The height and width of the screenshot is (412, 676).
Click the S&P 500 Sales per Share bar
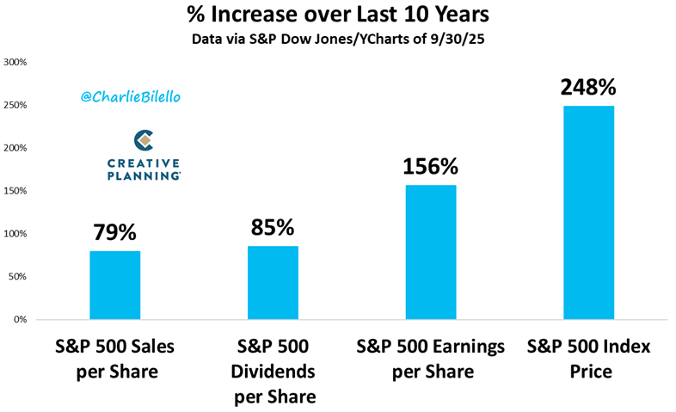pos(114,285)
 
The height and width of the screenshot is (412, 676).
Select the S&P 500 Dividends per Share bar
pos(273,282)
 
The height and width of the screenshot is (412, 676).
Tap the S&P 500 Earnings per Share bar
pos(431,252)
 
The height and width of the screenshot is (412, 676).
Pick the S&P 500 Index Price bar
pos(589,212)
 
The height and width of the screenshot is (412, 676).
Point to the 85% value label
pos(273,228)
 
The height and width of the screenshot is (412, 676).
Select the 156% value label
pos(431,167)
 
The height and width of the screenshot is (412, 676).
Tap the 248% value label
pos(589,88)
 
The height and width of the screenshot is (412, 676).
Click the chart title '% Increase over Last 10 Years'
pos(337,15)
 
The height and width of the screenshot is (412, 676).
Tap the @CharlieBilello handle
pos(132,98)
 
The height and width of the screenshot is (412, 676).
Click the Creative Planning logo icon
pos(144,139)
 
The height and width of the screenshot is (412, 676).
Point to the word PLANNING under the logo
pos(144,175)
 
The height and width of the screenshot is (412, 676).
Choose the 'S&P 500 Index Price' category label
pos(589,359)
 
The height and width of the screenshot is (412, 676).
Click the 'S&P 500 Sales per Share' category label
pos(114,359)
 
